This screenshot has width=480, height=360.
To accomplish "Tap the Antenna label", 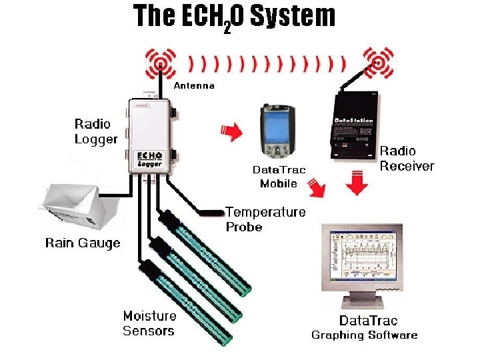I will pyautogui.click(x=194, y=86).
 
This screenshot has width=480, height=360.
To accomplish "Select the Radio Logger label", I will pyautogui.click(x=95, y=131).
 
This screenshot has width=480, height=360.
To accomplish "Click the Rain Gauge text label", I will pyautogui.click(x=83, y=243).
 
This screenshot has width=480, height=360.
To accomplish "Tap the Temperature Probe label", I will pyautogui.click(x=265, y=219).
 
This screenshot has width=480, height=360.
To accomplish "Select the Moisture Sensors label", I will pyautogui.click(x=149, y=323).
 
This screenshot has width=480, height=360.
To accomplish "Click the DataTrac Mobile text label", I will pyautogui.click(x=279, y=177).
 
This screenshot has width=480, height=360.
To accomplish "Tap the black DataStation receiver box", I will pyautogui.click(x=354, y=123).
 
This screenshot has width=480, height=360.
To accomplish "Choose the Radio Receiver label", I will pyautogui.click(x=407, y=159).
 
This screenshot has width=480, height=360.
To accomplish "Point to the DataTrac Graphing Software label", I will pyautogui.click(x=365, y=328).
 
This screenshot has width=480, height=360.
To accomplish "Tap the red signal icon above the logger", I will pyautogui.click(x=160, y=63).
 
